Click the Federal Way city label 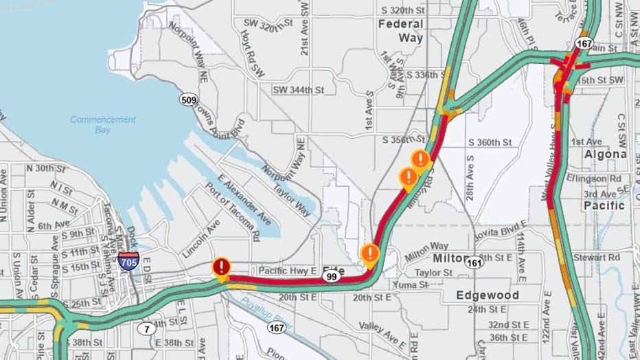pyautogui.click(x=401, y=32)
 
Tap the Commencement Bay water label pyautogui.click(x=103, y=124)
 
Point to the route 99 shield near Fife pyautogui.click(x=332, y=276)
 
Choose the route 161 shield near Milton pyautogui.click(x=473, y=262)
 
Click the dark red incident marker pyautogui.click(x=221, y=267)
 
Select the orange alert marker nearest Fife pyautogui.click(x=370, y=254)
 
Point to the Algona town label pyautogui.click(x=605, y=155)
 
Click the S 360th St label pyautogui.click(x=490, y=142)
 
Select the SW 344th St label pyautogui.click(x=298, y=89)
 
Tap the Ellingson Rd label pyautogui.click(x=595, y=178)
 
